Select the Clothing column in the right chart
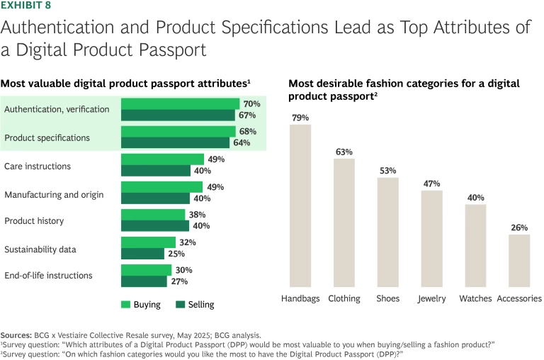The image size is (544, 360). pos(344,222)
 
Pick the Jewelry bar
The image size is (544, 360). pos(431,237)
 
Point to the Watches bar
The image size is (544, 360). pos(475,244)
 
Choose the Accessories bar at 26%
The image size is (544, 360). pos(519,259)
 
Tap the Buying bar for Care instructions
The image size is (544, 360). pos(162,159)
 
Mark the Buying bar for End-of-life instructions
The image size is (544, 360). pos(146,270)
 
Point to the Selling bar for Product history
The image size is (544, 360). pos(155,225)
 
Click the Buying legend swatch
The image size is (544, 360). pos(125,305)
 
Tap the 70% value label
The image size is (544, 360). pos(251,103)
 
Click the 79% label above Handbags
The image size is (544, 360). pos(300,116)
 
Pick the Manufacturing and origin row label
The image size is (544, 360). pos(54,194)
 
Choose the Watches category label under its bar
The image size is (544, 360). pos(475,298)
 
